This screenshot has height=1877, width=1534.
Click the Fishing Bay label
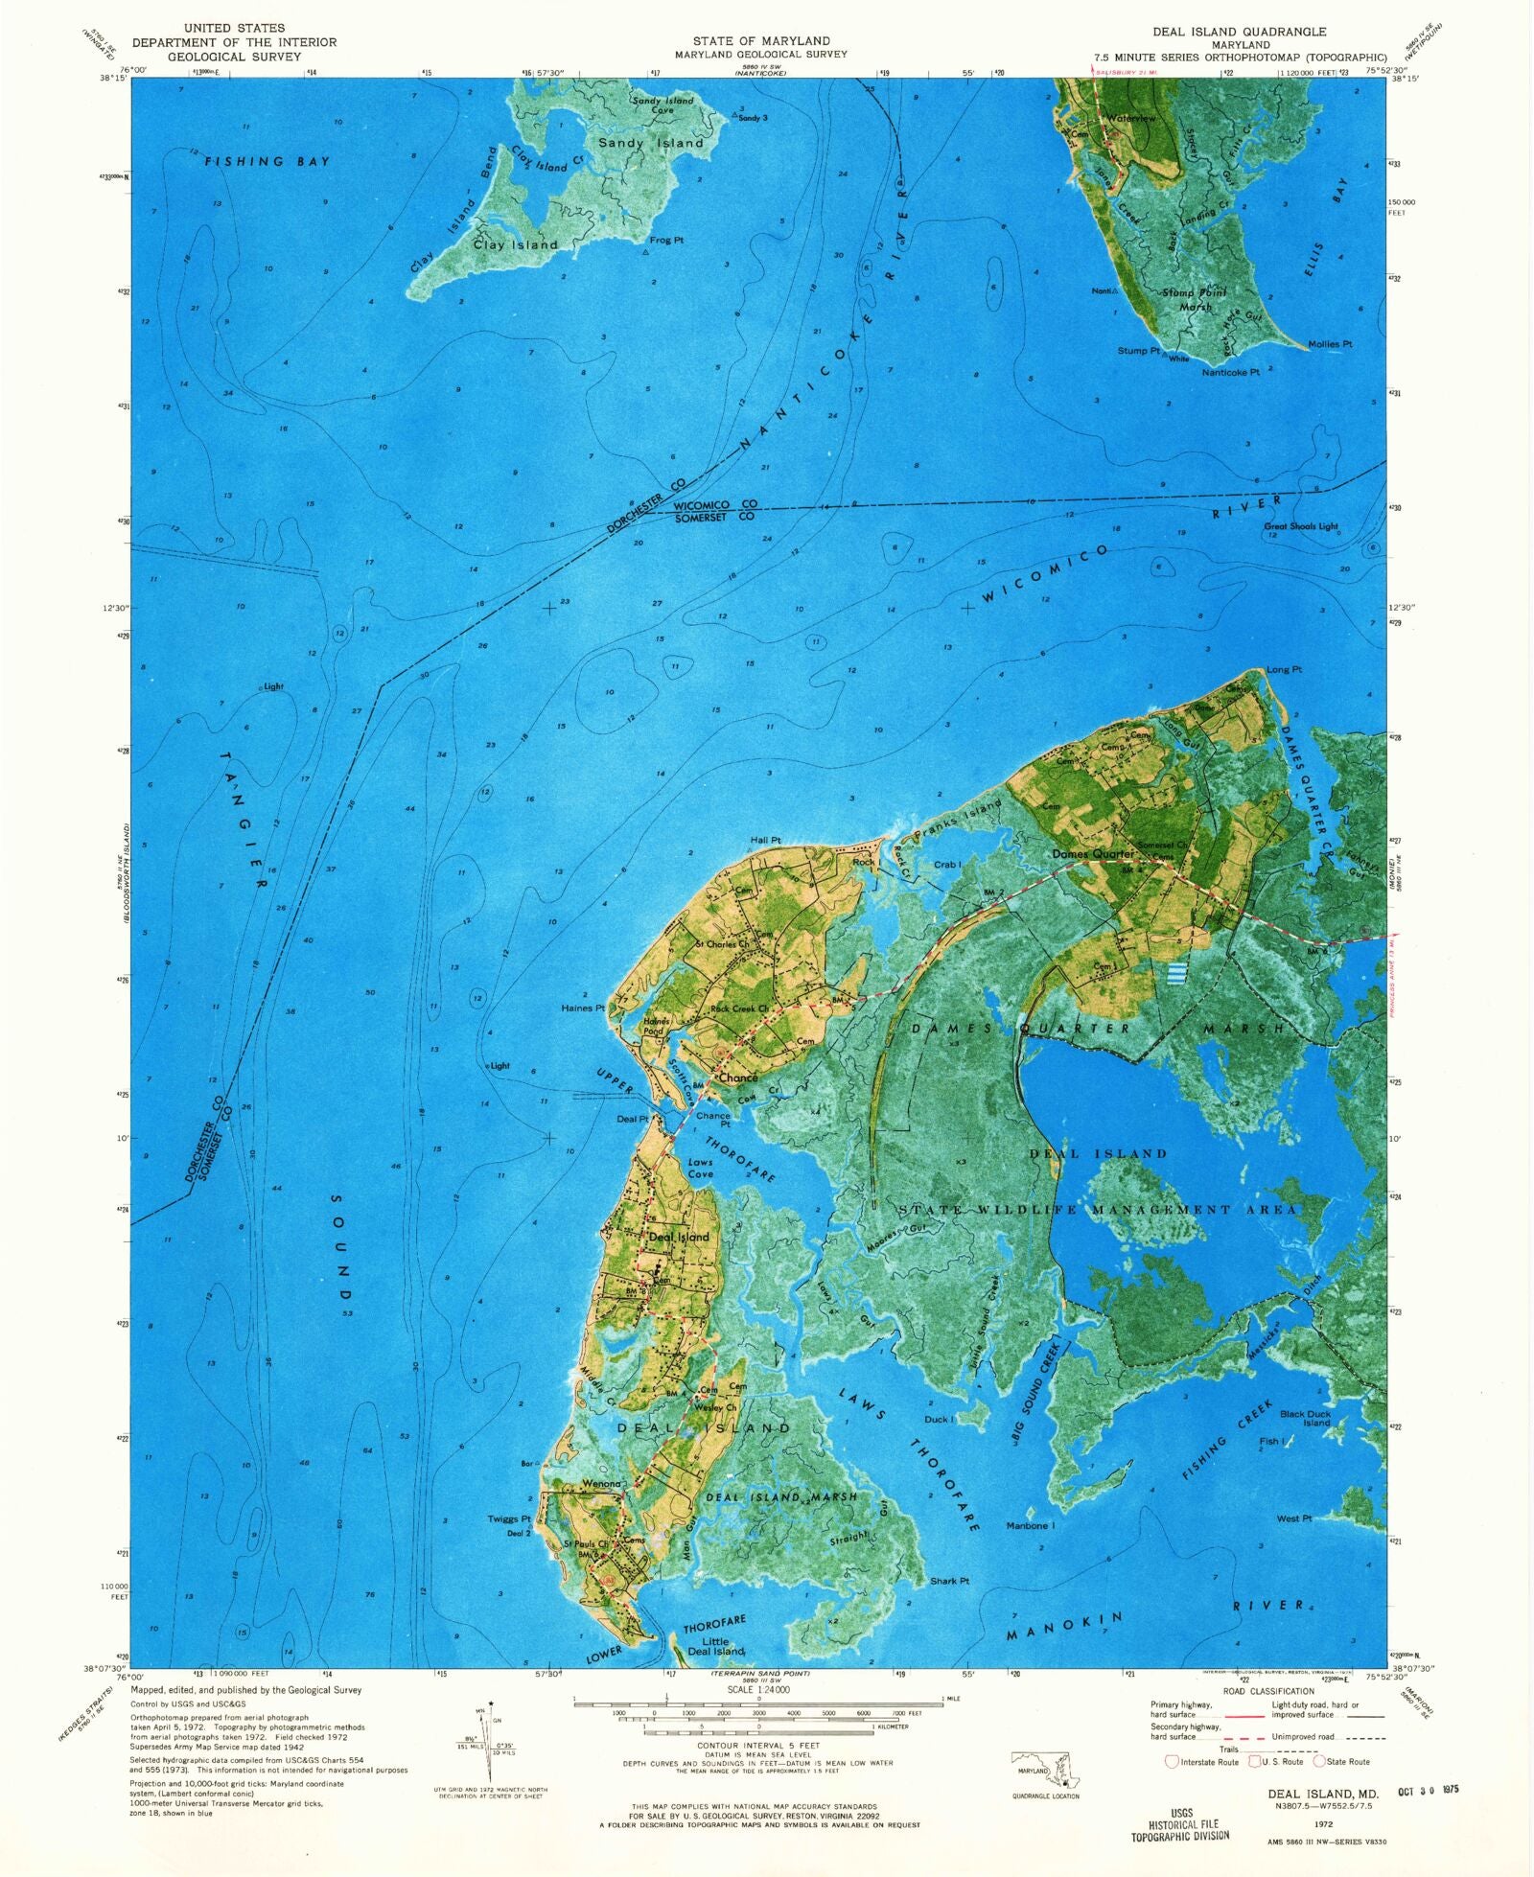click(x=267, y=162)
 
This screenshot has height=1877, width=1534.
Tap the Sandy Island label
click(x=651, y=143)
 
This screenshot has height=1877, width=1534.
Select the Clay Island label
click(x=515, y=244)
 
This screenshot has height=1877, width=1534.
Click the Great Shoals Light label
click(x=1301, y=526)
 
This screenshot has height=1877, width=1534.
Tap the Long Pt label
click(x=1284, y=669)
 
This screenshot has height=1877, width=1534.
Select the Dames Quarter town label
click(x=1093, y=853)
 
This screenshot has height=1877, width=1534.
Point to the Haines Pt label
click(x=583, y=1008)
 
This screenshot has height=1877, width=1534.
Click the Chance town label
click(x=738, y=1078)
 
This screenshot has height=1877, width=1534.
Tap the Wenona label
click(x=602, y=1484)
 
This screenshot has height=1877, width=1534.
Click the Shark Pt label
click(x=949, y=1581)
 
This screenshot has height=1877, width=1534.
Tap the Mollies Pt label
click(x=1330, y=343)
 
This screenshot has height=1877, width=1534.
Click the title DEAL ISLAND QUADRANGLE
click(x=1231, y=32)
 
